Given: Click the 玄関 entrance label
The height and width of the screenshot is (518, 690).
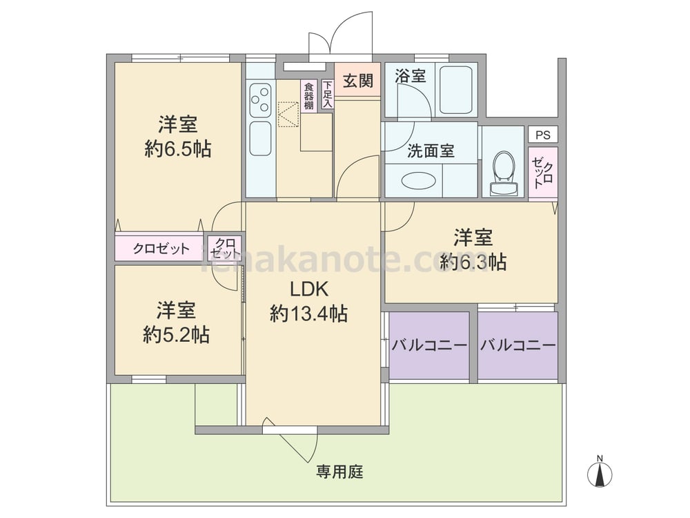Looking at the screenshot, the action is click(x=357, y=81).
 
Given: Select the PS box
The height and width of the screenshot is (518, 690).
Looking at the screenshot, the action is click(x=543, y=135).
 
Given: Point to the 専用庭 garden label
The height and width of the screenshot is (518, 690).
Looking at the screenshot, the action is click(x=339, y=472).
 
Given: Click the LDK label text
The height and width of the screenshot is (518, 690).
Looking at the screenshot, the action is click(x=309, y=289).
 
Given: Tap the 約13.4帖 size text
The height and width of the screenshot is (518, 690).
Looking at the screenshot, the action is click(x=308, y=314).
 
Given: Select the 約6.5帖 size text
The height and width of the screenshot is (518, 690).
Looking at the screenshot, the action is click(x=178, y=149).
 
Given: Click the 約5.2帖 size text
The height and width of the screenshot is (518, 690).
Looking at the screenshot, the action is click(x=176, y=335).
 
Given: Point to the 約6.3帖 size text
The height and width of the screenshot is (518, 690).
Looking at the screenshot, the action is click(x=473, y=262).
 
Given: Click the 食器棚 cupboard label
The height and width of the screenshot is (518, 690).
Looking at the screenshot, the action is click(x=309, y=95).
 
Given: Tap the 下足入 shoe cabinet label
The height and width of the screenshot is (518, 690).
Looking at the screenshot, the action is click(x=327, y=94).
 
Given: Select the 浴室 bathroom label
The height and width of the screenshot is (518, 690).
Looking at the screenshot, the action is click(x=410, y=76).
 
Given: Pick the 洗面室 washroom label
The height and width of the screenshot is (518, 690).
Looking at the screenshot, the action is click(x=431, y=151).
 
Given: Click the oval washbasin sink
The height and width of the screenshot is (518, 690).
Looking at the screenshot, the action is click(x=419, y=180).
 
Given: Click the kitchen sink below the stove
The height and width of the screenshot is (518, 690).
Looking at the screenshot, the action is click(x=261, y=138).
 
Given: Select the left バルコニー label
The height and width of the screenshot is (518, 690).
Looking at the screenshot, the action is click(x=429, y=345).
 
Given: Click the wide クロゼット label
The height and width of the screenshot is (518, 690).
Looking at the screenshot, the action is click(x=161, y=249).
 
